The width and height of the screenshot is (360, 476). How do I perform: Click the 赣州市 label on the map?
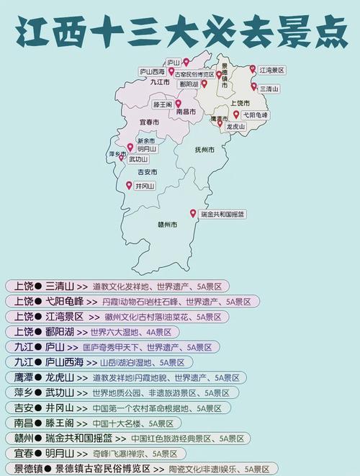pyautogui.click(x=167, y=224)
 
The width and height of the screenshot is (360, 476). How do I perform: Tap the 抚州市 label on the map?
pyautogui.click(x=205, y=150)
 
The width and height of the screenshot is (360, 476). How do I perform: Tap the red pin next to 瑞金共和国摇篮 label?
pyautogui.click(x=193, y=214)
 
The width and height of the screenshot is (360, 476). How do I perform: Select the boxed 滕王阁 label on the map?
pyautogui.click(x=162, y=104)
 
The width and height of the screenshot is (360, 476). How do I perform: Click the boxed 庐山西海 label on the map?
pyautogui.click(x=156, y=72)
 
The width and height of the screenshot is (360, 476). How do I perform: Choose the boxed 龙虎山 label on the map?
pyautogui.click(x=235, y=127)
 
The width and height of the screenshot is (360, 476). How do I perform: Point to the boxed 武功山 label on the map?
pyautogui.click(x=138, y=159)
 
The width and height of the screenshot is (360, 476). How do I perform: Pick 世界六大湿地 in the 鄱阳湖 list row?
pyautogui.click(x=113, y=332)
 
